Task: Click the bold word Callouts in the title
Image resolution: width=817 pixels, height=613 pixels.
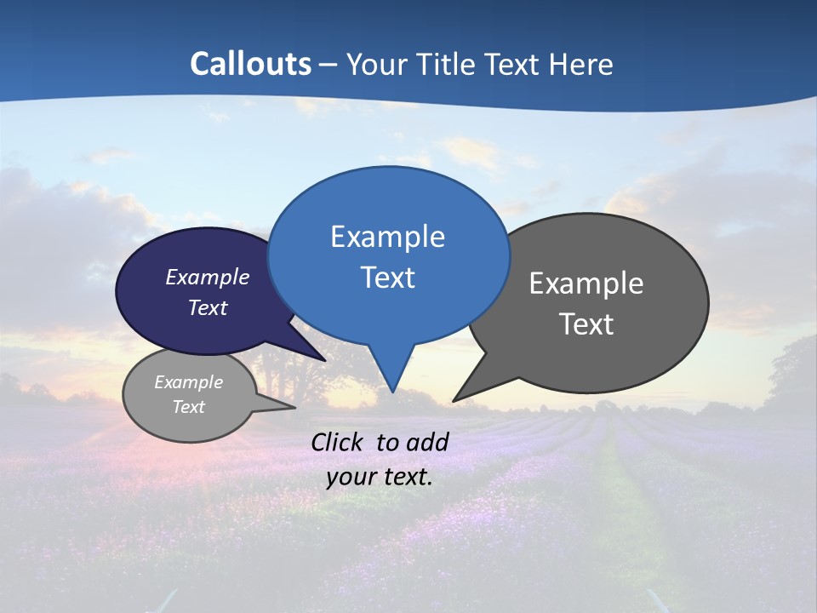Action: click(250, 64)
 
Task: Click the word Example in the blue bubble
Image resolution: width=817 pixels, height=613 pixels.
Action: click(387, 237)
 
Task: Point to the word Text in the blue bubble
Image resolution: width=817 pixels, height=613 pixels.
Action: click(387, 278)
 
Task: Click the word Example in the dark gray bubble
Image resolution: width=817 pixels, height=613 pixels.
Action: click(586, 284)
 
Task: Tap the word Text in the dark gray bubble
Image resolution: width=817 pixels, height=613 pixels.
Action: click(586, 324)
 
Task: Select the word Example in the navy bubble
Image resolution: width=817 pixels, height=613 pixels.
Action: click(208, 278)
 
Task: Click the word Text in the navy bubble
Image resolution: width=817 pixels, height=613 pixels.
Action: click(208, 307)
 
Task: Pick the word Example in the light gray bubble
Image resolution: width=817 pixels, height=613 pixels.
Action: click(189, 382)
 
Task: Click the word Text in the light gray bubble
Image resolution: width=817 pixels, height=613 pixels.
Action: click(189, 407)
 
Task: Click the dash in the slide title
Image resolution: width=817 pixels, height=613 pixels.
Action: click(329, 65)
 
